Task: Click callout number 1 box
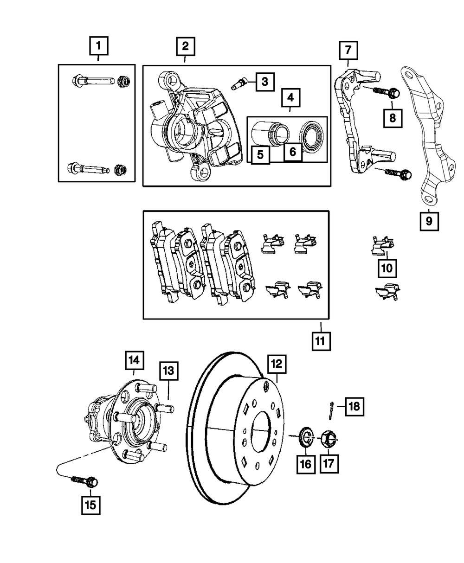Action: pos(99,46)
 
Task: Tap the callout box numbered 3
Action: pos(265,82)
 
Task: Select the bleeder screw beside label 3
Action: pos(239,83)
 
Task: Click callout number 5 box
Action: pos(260,155)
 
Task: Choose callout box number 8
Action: pos(393,118)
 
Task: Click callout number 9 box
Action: pos(429,221)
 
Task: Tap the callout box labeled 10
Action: pos(387,268)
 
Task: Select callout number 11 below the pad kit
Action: pos(321,341)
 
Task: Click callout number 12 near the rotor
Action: pos(277,364)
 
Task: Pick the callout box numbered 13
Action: pos(168,371)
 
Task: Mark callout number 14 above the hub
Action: pos(135,360)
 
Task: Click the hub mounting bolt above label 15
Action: pos(84,481)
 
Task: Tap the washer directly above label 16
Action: pos(306,440)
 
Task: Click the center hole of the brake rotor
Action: pos(260,432)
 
